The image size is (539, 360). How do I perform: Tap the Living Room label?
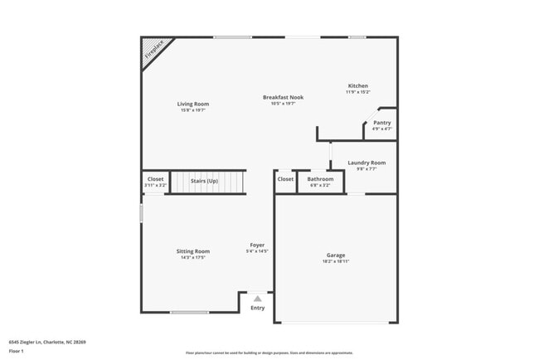click(x=192, y=104)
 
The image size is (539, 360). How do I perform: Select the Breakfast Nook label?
click(x=283, y=97)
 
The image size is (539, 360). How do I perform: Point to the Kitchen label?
click(x=358, y=86)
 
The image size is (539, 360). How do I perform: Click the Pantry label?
click(x=381, y=123)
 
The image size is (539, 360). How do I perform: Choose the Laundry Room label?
click(x=366, y=163)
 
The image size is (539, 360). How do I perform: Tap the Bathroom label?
click(x=320, y=179)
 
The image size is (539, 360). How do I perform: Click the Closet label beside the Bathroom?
click(x=285, y=179)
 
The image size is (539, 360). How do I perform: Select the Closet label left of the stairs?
click(x=156, y=179)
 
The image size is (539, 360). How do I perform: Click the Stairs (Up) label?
click(x=204, y=180)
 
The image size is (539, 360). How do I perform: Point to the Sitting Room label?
click(x=192, y=251)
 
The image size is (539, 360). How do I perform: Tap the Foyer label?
click(x=258, y=245)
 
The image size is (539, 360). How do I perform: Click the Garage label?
click(x=336, y=255)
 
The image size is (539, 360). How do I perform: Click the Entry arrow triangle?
click(x=258, y=299)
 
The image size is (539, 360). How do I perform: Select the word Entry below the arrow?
click(x=258, y=309)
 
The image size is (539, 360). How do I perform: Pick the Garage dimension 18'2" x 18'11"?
click(x=336, y=261)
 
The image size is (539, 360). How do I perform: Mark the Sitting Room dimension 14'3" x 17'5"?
click(x=192, y=258)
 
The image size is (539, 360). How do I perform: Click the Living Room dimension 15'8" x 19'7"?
click(x=192, y=110)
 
